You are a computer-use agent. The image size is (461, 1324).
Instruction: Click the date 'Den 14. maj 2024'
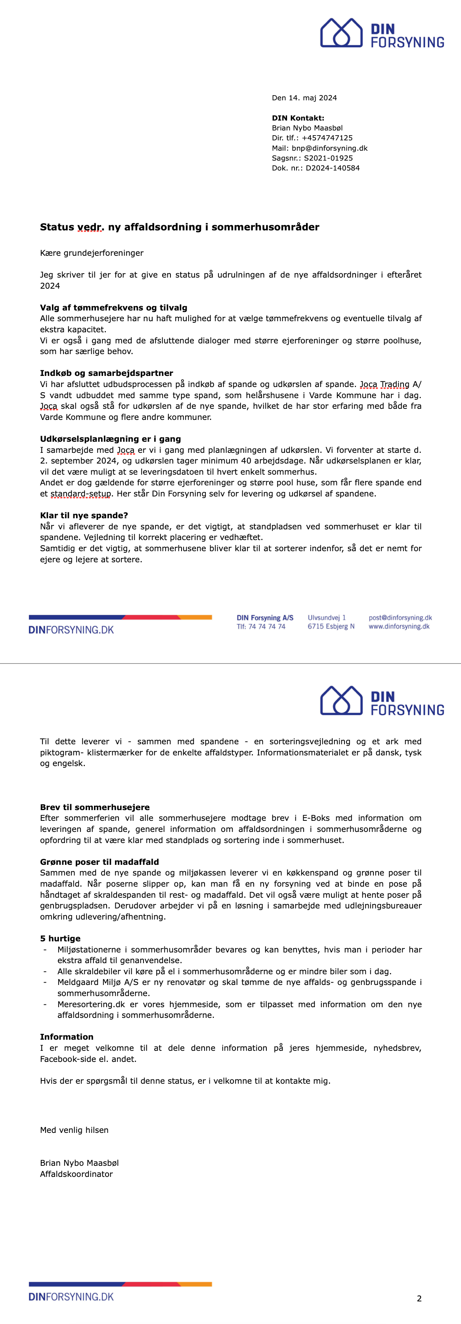(x=304, y=98)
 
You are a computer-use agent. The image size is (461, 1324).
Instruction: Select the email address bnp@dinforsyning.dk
(x=329, y=148)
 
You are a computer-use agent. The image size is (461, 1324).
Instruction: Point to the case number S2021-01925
(x=328, y=158)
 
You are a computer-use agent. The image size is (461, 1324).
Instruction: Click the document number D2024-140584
(x=333, y=168)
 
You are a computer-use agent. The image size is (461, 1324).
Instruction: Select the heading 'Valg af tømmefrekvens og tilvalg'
(x=114, y=307)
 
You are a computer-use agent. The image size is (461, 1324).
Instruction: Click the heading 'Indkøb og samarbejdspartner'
(x=106, y=373)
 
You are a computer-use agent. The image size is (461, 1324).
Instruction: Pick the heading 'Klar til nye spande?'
(x=84, y=515)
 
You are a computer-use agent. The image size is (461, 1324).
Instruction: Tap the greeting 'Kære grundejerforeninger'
(x=92, y=253)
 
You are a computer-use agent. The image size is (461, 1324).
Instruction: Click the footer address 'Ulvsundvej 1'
(x=326, y=618)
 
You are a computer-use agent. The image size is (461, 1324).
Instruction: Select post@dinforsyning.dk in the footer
(x=400, y=618)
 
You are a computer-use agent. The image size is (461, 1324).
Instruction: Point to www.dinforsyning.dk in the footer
(x=399, y=627)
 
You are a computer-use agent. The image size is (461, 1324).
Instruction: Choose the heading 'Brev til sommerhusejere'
(x=95, y=807)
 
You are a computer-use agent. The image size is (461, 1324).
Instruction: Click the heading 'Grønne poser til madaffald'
(x=99, y=862)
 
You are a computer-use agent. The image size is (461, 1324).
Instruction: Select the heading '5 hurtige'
(x=60, y=939)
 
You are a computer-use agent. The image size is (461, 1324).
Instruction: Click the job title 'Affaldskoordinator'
(x=76, y=1174)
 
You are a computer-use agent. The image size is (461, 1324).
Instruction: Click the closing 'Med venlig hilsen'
(x=74, y=1130)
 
